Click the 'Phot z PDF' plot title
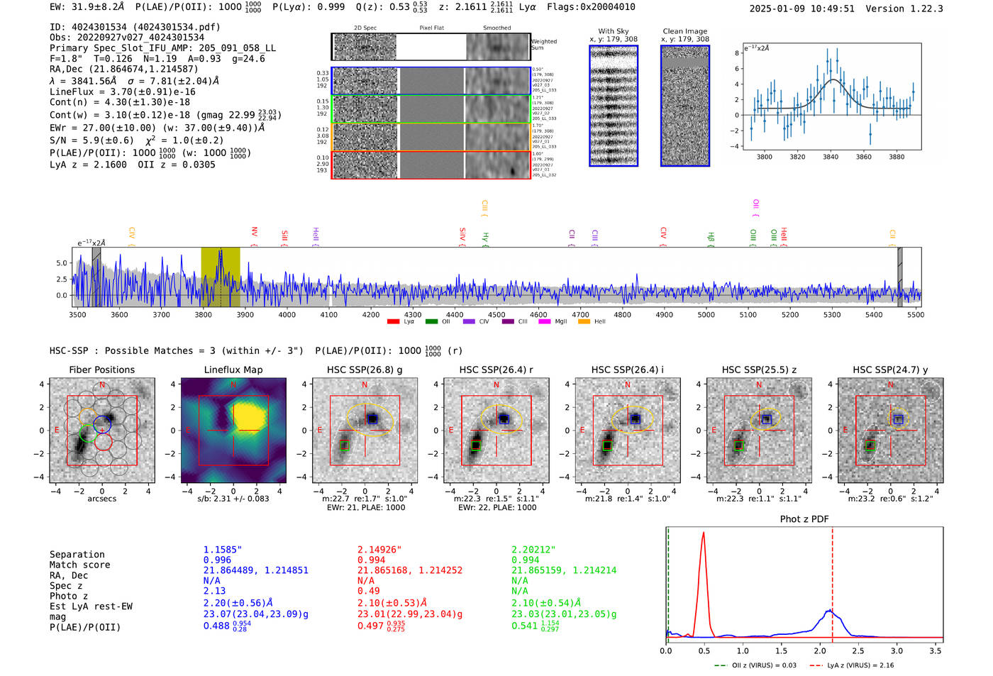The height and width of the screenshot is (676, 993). tap(804, 519)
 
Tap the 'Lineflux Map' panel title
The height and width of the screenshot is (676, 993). tap(233, 370)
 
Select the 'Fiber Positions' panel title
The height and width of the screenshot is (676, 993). tap(101, 370)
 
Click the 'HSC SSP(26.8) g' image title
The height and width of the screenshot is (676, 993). tap(364, 370)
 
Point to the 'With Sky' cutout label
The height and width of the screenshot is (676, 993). tap(614, 31)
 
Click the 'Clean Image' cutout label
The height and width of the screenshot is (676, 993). tap(684, 31)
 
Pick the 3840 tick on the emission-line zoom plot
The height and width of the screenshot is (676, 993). tap(831, 157)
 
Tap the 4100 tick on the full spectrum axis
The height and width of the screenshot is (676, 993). tap(328, 315)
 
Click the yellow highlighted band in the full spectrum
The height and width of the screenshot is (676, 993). tap(220, 277)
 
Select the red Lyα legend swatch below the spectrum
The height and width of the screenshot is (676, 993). tap(393, 322)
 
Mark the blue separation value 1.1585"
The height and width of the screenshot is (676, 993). tap(223, 550)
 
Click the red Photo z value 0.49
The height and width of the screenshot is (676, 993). tap(368, 591)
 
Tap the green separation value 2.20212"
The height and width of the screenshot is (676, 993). tap(533, 550)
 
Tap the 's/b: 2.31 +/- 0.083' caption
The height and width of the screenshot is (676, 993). tap(233, 499)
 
